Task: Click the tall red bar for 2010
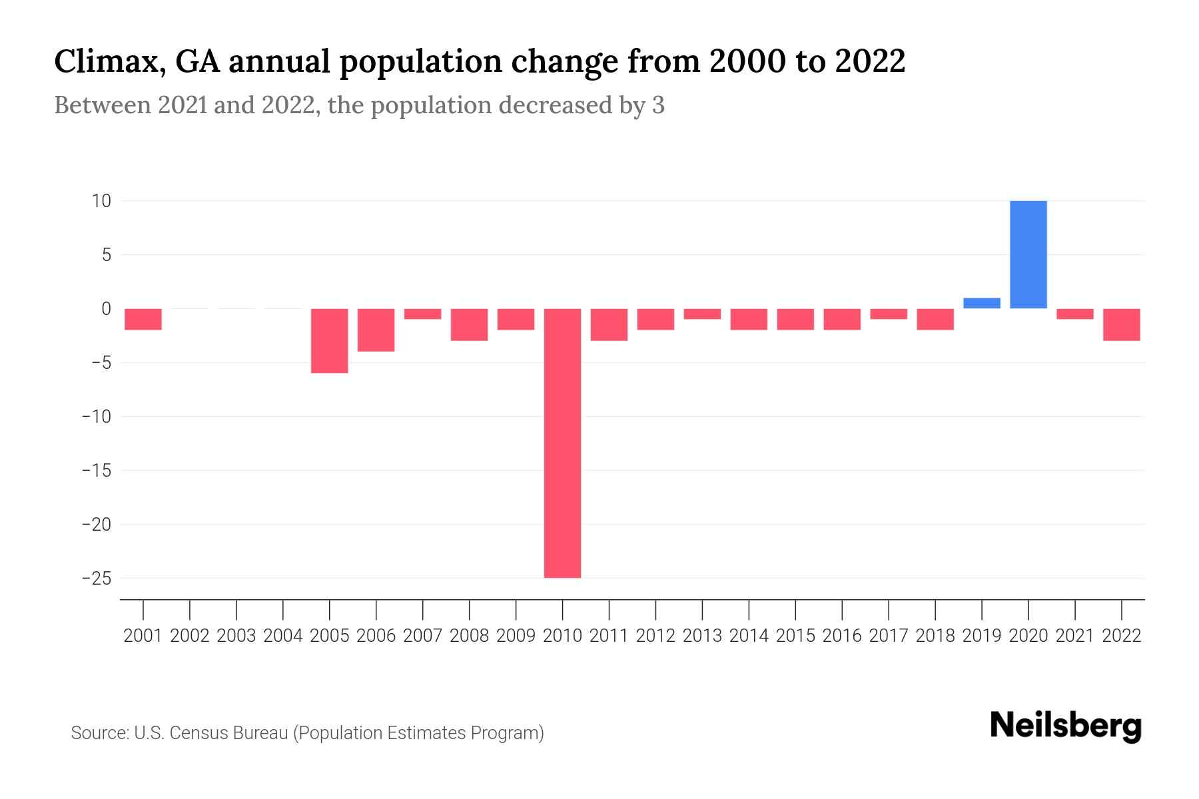click(x=562, y=443)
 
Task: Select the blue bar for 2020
click(x=1028, y=254)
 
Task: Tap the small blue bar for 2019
click(x=981, y=304)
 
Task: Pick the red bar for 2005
click(x=330, y=340)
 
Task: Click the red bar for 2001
click(x=143, y=319)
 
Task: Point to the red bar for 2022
click(x=1121, y=324)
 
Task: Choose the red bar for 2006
click(x=376, y=330)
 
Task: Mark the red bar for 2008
click(x=469, y=324)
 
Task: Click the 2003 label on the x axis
click(x=236, y=636)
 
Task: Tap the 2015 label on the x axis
click(x=795, y=636)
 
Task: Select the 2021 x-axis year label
click(x=1074, y=636)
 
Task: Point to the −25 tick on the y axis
click(x=96, y=579)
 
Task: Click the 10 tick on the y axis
click(x=101, y=201)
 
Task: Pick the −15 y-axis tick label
click(x=96, y=471)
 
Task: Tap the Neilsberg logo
click(x=1065, y=726)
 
